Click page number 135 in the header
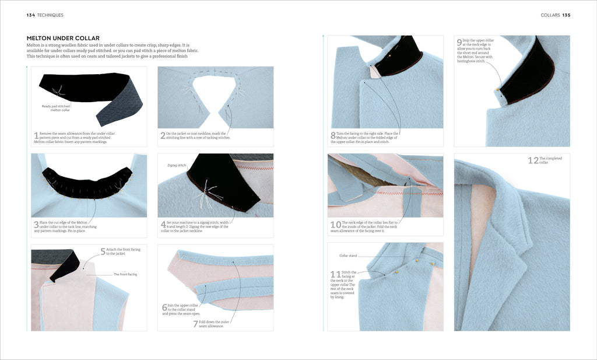click(x=566, y=15)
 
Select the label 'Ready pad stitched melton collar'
click(x=57, y=108)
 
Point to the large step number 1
click(x=36, y=137)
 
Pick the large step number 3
click(x=36, y=225)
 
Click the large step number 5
click(x=103, y=252)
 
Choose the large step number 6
click(x=164, y=307)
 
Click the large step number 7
click(x=196, y=324)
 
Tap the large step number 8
click(x=332, y=137)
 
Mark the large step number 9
click(x=459, y=42)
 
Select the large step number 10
click(x=335, y=225)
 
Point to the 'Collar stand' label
click(x=348, y=256)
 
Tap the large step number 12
click(x=532, y=160)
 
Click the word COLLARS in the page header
click(x=550, y=15)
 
